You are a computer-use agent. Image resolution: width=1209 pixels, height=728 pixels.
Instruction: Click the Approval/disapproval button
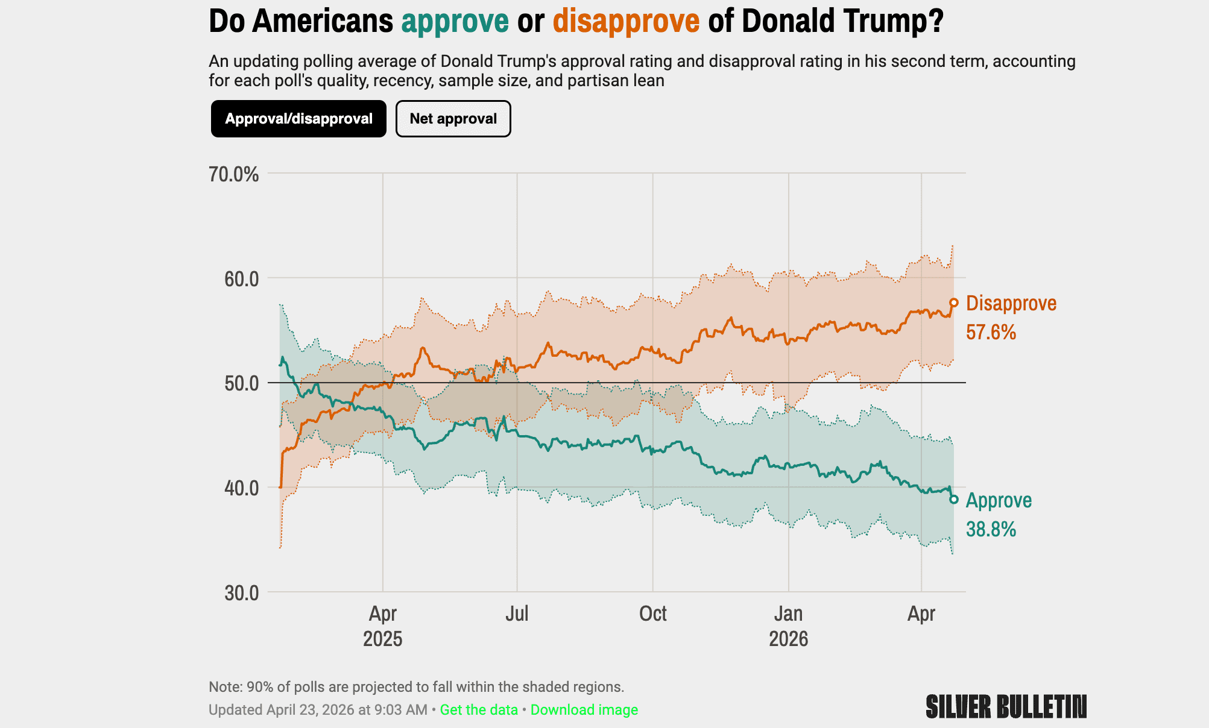pos(298,119)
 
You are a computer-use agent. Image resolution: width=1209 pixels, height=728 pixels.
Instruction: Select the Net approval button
pos(453,119)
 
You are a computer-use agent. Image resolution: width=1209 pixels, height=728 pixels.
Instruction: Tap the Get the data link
pos(479,709)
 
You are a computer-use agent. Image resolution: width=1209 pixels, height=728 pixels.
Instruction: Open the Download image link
pos(584,709)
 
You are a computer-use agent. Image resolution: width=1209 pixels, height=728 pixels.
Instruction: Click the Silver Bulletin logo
pos(1006,706)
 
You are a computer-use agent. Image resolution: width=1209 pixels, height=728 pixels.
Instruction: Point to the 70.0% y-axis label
pos(233,175)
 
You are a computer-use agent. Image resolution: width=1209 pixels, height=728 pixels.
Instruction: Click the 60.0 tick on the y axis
pos(241,279)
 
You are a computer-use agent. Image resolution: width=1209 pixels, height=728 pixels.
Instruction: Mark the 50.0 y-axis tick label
pos(241,383)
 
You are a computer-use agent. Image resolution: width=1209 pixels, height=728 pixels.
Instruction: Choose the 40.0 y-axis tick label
pos(241,488)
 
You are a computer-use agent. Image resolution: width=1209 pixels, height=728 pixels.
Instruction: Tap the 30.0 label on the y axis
pos(241,593)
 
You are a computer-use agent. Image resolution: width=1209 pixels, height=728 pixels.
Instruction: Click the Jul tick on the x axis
pos(517,613)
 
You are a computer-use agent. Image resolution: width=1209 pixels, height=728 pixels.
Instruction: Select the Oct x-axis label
pos(652,613)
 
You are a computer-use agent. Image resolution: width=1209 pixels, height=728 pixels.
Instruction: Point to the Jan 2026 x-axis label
pos(788,626)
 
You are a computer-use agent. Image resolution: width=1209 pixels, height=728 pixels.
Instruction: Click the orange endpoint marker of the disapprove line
pos(954,303)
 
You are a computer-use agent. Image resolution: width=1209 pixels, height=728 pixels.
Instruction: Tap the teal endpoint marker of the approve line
pos(954,499)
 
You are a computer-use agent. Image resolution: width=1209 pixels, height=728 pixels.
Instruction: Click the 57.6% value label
pos(991,332)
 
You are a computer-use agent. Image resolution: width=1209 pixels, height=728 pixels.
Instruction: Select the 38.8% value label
pos(991,529)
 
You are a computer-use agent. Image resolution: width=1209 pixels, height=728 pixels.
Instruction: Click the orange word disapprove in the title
pos(626,21)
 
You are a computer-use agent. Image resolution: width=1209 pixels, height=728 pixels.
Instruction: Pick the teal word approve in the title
pos(455,21)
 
